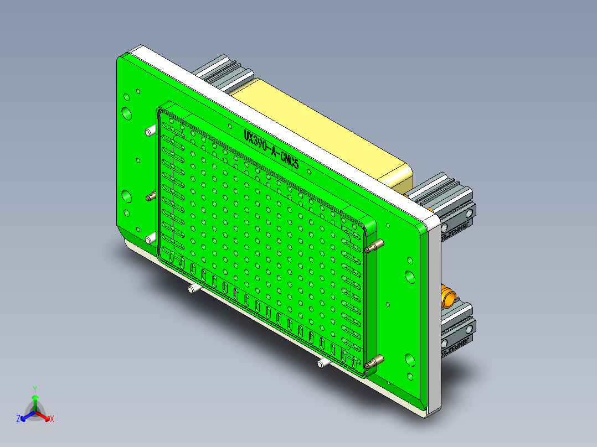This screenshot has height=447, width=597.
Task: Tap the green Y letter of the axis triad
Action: pyautogui.click(x=34, y=389)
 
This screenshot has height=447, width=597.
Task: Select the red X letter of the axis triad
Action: pyautogui.click(x=52, y=419)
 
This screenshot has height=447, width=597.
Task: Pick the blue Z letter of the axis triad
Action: pyautogui.click(x=18, y=419)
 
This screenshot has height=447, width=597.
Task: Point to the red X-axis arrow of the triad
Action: pyautogui.click(x=44, y=415)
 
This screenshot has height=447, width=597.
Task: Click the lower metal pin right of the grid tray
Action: pyautogui.click(x=374, y=363)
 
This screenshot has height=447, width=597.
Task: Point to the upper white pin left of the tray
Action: pyautogui.click(x=150, y=132)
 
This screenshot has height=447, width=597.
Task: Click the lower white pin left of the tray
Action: pyautogui.click(x=150, y=239)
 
